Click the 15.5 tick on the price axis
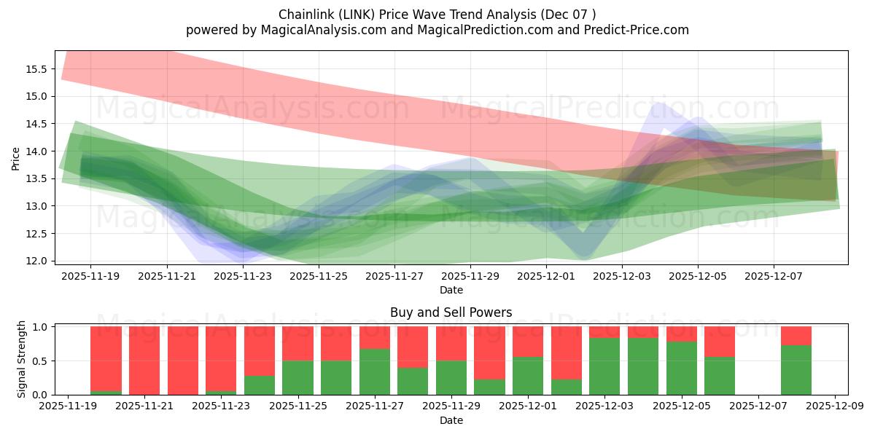tap(36, 69)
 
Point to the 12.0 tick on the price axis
tap(36, 261)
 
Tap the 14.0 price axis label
tap(36, 151)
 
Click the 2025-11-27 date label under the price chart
tap(394, 277)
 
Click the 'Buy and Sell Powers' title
tap(451, 312)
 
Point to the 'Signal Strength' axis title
tap(22, 359)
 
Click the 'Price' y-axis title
tap(15, 158)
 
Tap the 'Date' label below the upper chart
tap(451, 290)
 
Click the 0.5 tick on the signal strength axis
tap(41, 361)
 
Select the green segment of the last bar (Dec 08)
tap(796, 370)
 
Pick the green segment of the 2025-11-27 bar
tap(375, 371)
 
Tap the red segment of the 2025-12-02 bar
tap(567, 353)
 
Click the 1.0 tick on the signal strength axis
tap(41, 327)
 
